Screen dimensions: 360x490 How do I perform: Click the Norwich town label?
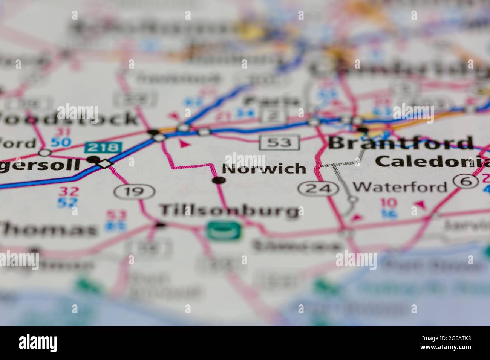(x=264, y=168)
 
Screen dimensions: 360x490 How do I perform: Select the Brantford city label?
(x=401, y=143)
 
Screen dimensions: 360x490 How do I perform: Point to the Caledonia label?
(x=432, y=161)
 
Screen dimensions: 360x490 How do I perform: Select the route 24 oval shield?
(x=317, y=188)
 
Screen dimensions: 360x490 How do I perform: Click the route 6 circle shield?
(x=463, y=181)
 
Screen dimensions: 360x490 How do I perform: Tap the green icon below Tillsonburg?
(x=224, y=230)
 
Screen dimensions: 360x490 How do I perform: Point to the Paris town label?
(x=271, y=101)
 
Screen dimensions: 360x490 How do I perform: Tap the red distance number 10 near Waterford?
(x=388, y=203)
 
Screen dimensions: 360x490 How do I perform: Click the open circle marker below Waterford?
(x=352, y=199)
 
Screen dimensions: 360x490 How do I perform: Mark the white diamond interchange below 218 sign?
(x=105, y=164)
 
